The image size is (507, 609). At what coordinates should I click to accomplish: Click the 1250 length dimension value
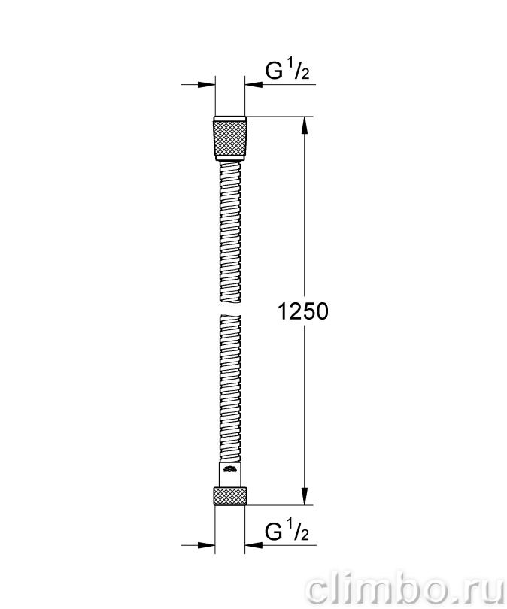(303, 311)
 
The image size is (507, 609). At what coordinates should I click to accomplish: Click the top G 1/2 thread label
(287, 71)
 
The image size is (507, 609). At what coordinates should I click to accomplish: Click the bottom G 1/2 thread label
(287, 532)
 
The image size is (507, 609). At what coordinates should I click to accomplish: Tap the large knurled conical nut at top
(230, 138)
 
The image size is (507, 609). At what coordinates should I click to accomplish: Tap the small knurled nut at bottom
(229, 495)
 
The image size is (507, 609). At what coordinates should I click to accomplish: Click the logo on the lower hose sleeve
(230, 470)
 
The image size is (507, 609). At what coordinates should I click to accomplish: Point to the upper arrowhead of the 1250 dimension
(304, 125)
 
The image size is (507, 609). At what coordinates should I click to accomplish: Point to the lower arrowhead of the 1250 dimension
(304, 496)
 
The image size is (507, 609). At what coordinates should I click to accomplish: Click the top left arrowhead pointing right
(206, 84)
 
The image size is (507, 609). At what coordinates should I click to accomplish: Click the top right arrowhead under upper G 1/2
(254, 84)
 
